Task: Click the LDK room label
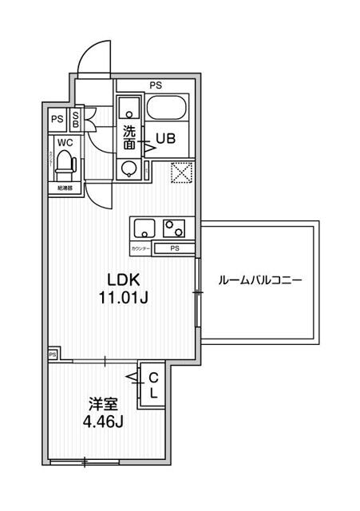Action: point(125,280)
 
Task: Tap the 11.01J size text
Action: point(125,298)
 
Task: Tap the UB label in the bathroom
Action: point(165,137)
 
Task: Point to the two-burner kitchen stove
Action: point(175,228)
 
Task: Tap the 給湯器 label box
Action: point(65,188)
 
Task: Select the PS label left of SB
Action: point(57,120)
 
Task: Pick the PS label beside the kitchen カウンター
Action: point(174,249)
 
